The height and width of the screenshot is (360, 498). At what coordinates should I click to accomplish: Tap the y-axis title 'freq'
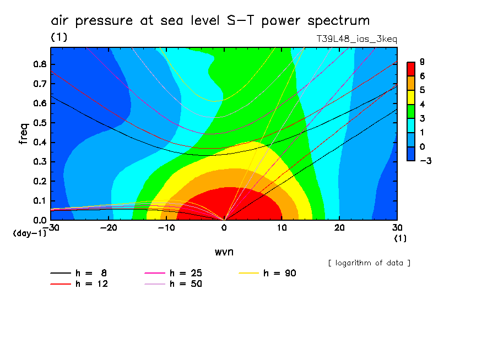23,133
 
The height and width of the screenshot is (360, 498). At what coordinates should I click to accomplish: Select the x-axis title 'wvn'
224,252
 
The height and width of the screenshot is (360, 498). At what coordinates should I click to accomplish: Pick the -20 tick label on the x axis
109,228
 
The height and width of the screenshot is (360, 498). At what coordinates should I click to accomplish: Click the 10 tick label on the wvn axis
282,228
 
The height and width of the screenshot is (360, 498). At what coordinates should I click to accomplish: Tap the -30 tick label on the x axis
51,228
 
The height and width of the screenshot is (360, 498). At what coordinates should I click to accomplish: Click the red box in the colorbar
410,69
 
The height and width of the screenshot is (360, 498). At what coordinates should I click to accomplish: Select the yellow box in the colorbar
410,97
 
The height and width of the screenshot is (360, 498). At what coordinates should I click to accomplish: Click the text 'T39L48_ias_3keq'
356,39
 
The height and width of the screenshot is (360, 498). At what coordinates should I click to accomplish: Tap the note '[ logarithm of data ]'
369,263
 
